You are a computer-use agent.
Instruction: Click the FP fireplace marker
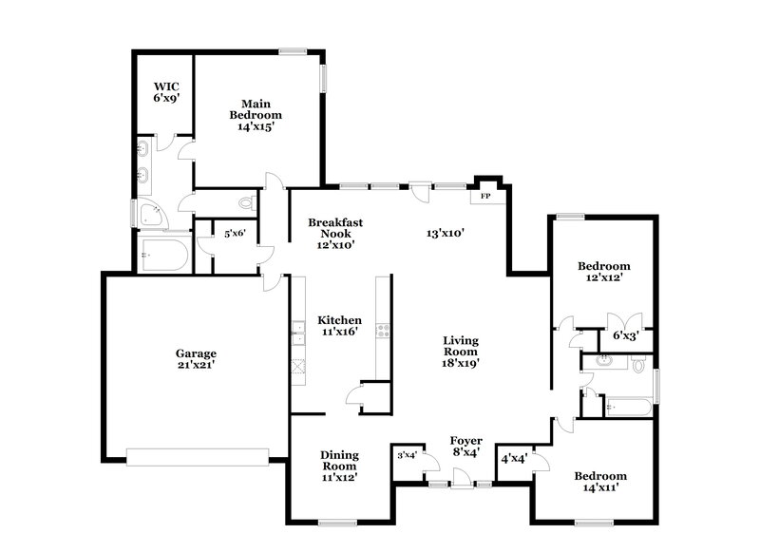(x=485, y=197)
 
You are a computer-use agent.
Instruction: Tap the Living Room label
(x=460, y=351)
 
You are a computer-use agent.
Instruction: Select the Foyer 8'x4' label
(x=466, y=447)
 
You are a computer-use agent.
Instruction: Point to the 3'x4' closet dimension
(x=407, y=456)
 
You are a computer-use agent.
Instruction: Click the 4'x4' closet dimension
(x=515, y=458)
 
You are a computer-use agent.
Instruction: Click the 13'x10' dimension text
(x=445, y=234)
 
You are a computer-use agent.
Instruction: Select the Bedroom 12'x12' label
(x=604, y=273)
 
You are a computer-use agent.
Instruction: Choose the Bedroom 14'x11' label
(x=600, y=481)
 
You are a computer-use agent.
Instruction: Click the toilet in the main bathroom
(x=248, y=202)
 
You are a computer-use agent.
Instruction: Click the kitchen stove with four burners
(x=383, y=331)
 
